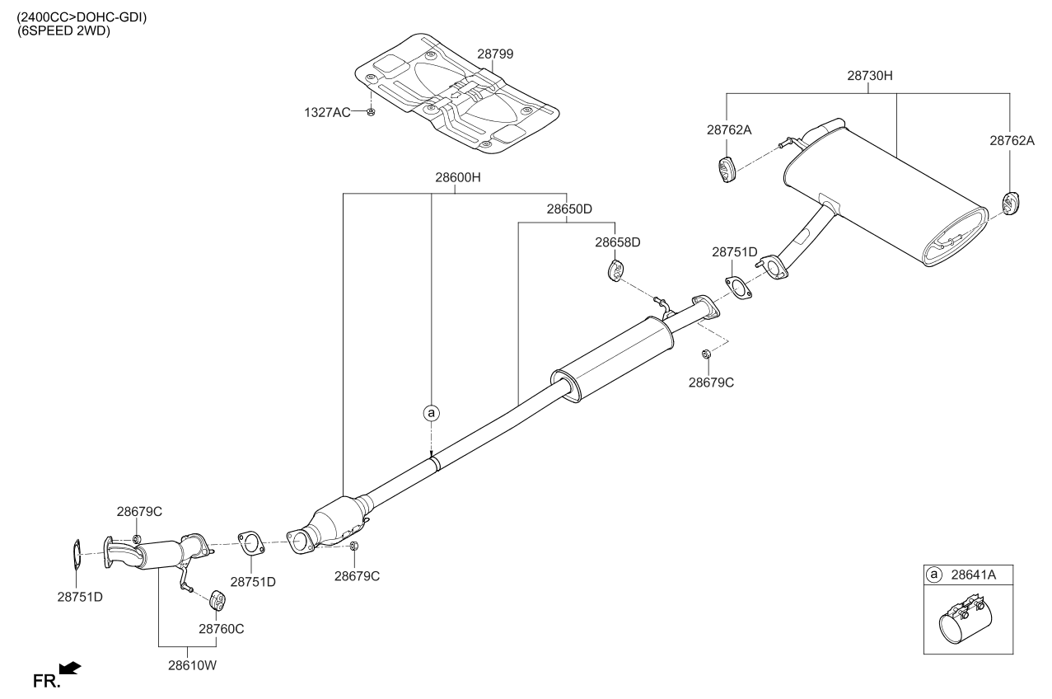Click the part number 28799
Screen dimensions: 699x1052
(495, 54)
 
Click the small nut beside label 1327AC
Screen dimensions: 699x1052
(371, 111)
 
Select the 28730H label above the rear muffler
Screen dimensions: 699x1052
(870, 76)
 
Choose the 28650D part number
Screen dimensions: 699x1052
(568, 209)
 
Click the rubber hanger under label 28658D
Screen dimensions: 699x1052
(615, 270)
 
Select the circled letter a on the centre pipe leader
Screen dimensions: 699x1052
(430, 412)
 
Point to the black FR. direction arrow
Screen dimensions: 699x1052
(70, 668)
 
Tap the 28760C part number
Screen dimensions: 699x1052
(221, 628)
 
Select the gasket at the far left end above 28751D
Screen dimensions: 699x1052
(74, 555)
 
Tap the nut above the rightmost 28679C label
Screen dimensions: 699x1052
(706, 354)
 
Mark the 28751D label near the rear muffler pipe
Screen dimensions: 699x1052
(734, 251)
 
